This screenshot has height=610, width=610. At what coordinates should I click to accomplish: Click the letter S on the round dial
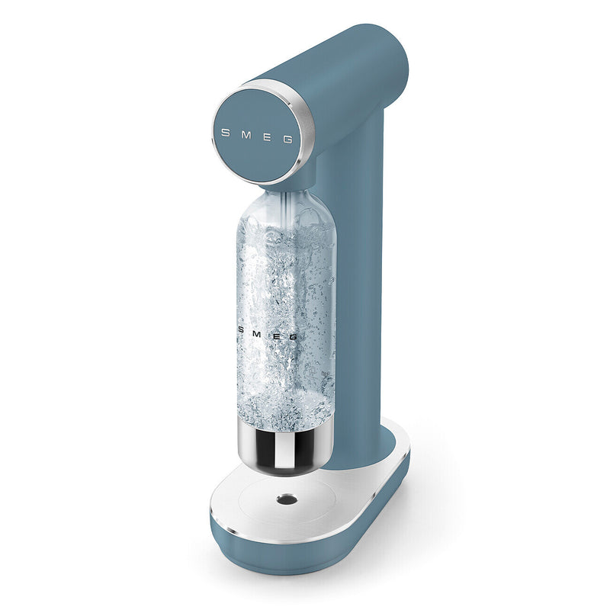point(225,132)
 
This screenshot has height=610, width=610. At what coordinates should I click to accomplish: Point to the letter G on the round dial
point(287,139)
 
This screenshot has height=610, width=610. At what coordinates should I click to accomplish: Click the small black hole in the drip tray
point(287,499)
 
